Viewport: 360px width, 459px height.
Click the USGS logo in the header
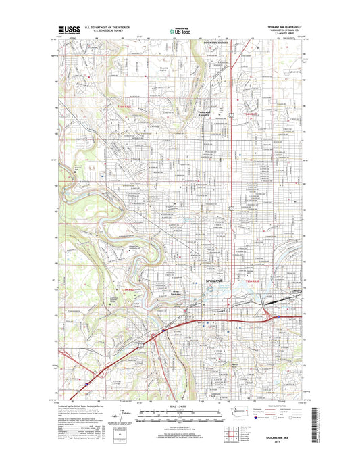point(70,30)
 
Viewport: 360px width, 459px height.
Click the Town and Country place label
point(204,114)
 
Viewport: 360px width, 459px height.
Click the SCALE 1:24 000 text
point(179,406)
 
